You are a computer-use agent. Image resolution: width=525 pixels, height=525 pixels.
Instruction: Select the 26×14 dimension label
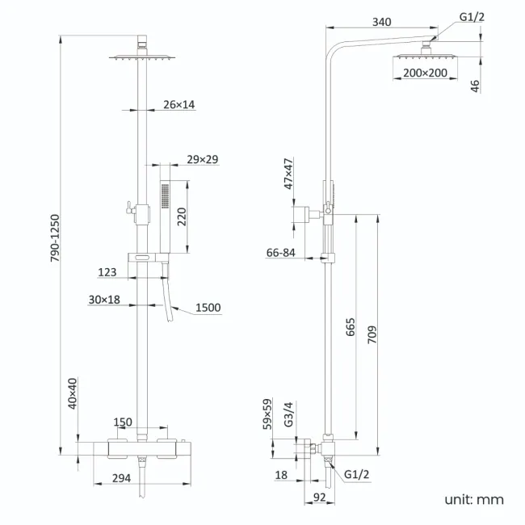(x=178, y=105)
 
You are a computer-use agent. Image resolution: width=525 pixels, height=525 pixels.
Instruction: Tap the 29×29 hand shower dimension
(x=202, y=159)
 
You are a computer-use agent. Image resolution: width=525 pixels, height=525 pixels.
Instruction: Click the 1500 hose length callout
(x=208, y=308)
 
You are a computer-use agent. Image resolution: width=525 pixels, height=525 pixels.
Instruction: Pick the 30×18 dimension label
(x=104, y=300)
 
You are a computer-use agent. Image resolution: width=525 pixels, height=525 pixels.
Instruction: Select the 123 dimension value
(x=107, y=273)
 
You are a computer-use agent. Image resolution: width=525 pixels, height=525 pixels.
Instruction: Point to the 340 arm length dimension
(x=382, y=23)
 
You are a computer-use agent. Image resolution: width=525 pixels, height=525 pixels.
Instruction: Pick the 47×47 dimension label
(x=288, y=173)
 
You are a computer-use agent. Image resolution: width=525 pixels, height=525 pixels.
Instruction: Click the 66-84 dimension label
(x=281, y=253)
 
